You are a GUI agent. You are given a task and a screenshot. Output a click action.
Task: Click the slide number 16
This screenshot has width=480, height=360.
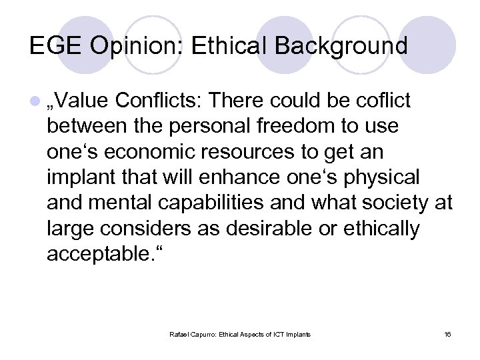point(447,333)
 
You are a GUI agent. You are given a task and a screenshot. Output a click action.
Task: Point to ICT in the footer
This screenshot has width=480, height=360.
point(280,333)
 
